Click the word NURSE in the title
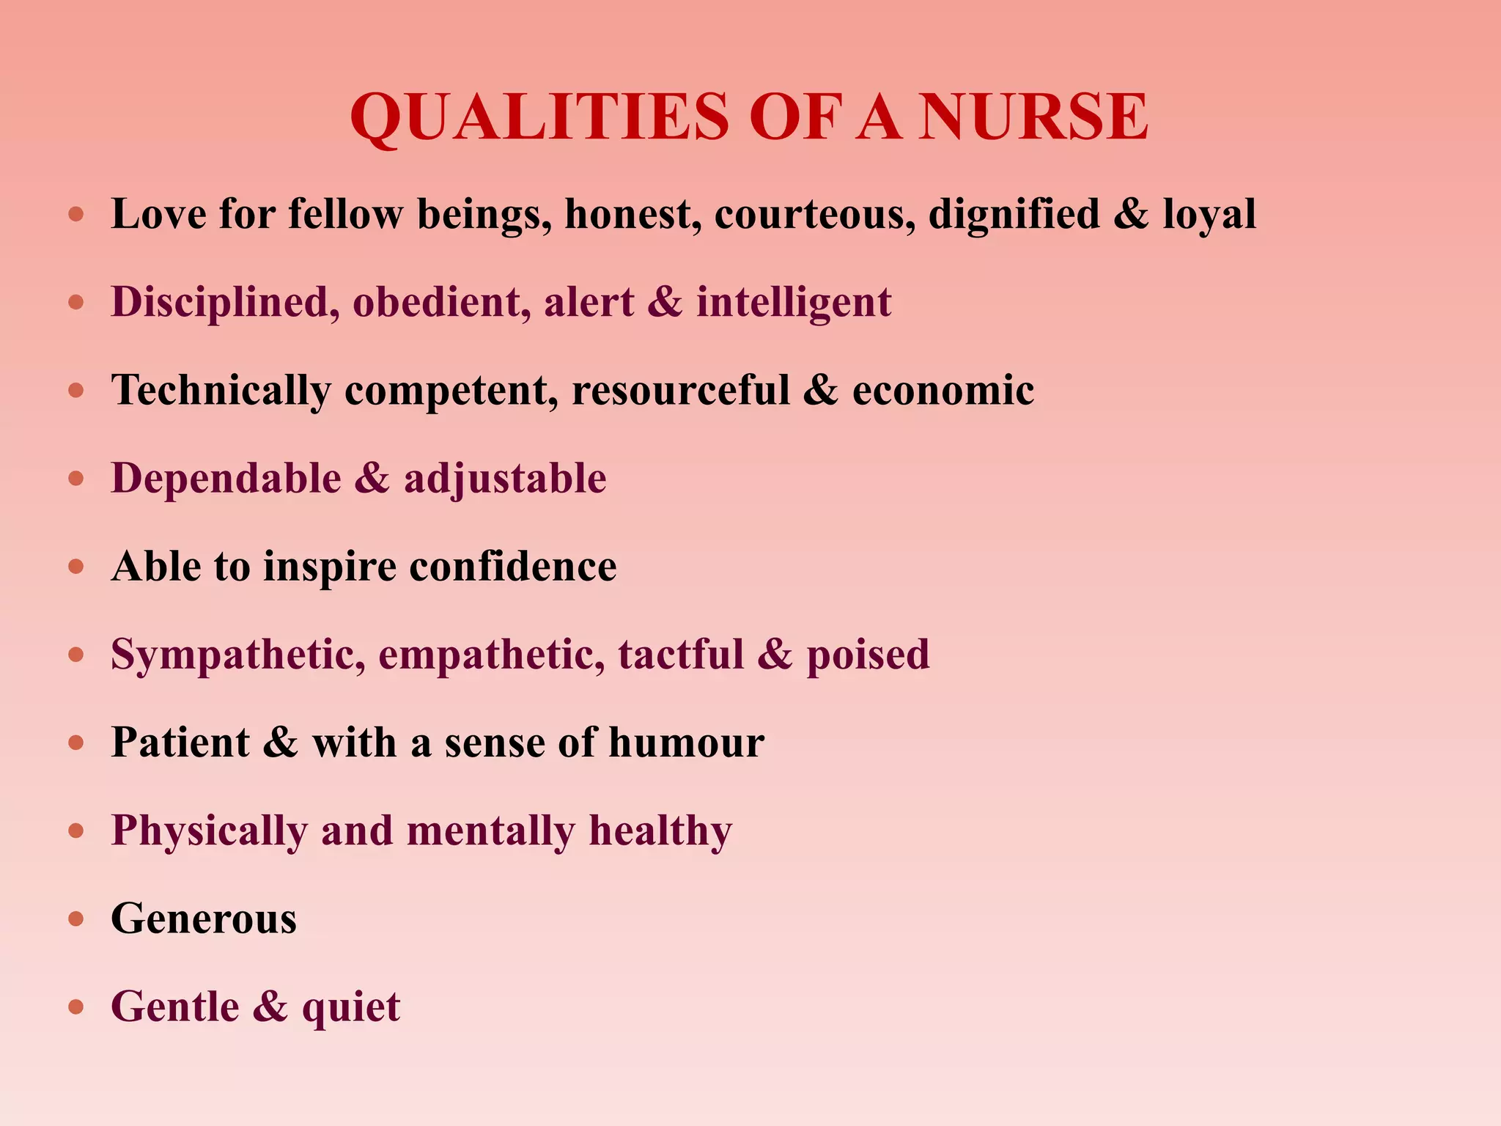pyautogui.click(x=1033, y=117)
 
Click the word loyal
pyautogui.click(x=1209, y=215)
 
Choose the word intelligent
pyautogui.click(x=794, y=303)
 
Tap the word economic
pyautogui.click(x=943, y=391)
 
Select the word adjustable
pyautogui.click(x=505, y=479)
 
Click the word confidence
pyautogui.click(x=513, y=567)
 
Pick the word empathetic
pyautogui.click(x=492, y=655)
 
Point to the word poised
pyautogui.click(x=868, y=655)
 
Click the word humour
pyautogui.click(x=686, y=743)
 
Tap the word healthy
pyautogui.click(x=660, y=831)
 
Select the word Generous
pyautogui.click(x=204, y=919)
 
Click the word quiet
pyautogui.click(x=351, y=1007)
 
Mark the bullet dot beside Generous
pyautogui.click(x=76, y=919)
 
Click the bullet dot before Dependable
pyautogui.click(x=76, y=479)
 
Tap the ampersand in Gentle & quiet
pyautogui.click(x=270, y=1007)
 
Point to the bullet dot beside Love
pyautogui.click(x=76, y=215)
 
